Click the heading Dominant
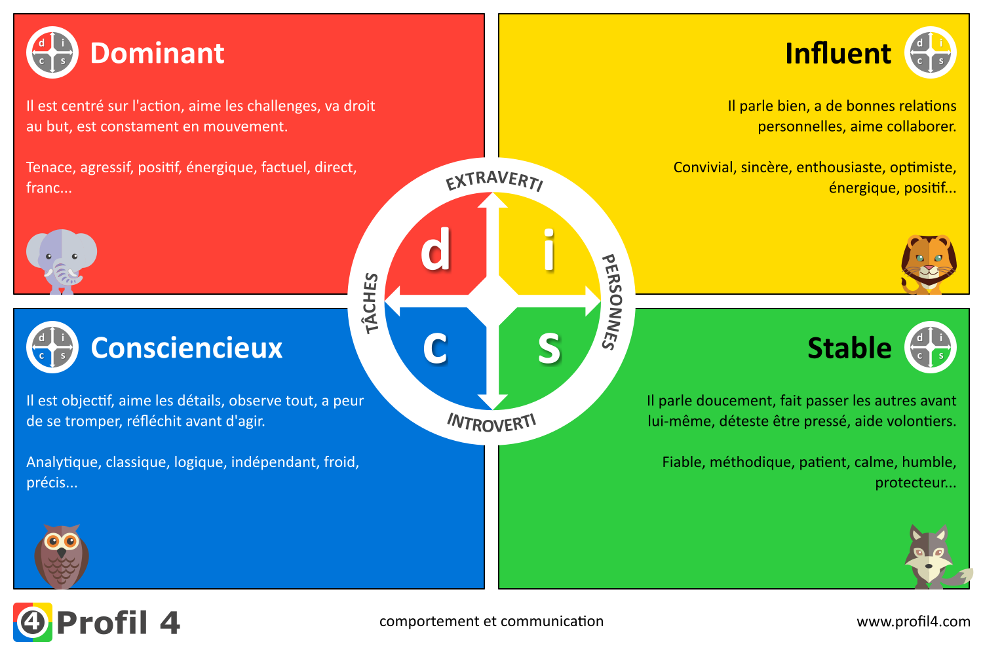[157, 53]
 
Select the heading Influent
[838, 53]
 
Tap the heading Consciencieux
[186, 348]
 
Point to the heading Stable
[849, 348]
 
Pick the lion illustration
[929, 263]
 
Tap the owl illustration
[62, 556]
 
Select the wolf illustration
[933, 557]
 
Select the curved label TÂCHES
[371, 303]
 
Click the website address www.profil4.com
[914, 622]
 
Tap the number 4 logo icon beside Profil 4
[32, 622]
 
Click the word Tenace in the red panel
[50, 168]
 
